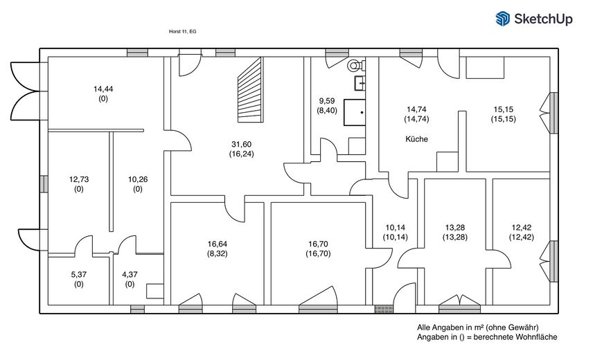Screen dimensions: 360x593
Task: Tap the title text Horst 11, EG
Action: (183, 32)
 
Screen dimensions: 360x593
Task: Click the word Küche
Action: (416, 139)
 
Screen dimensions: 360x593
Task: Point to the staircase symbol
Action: (251, 91)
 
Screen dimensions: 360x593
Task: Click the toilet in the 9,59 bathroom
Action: (356, 67)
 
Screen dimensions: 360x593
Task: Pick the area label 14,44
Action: (103, 89)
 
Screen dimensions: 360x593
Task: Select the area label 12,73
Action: (79, 179)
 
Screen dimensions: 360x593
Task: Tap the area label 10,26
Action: (138, 179)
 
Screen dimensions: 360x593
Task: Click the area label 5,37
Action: (79, 274)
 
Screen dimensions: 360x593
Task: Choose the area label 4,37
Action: (130, 274)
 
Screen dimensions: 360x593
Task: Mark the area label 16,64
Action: (217, 244)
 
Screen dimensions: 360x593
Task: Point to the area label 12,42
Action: (521, 228)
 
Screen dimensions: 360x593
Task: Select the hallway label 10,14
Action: (394, 228)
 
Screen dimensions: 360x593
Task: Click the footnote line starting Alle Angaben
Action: (478, 327)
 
